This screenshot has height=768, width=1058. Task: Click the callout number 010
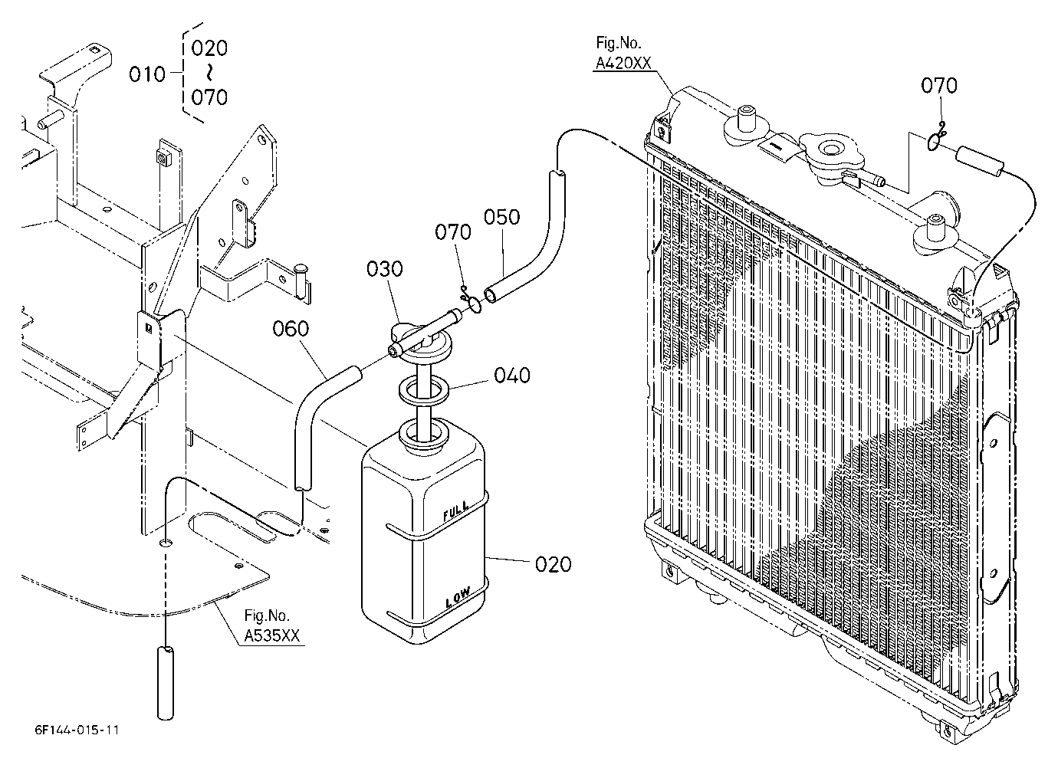coord(147,74)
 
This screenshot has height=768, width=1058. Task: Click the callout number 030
coord(384,269)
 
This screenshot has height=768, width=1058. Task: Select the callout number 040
coord(512,376)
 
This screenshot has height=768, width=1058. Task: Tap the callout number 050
coord(501,217)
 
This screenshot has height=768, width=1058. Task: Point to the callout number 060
coord(291,329)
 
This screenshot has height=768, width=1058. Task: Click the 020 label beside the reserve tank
coord(553,564)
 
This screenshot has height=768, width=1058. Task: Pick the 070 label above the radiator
coord(939,86)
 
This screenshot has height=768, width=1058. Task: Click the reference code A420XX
coord(623,63)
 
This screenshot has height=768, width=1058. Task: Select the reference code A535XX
coord(271,635)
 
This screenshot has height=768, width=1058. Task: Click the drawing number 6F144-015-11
coord(77,730)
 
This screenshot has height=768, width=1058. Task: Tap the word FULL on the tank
coord(456,511)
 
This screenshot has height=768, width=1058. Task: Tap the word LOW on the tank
coord(458,599)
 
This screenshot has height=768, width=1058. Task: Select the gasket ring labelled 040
coord(424,391)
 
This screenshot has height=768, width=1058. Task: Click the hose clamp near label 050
coord(472,302)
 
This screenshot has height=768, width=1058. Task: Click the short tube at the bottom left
coord(165,683)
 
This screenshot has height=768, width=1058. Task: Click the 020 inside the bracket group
coord(209,48)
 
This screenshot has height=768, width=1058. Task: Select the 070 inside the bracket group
coord(209,98)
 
